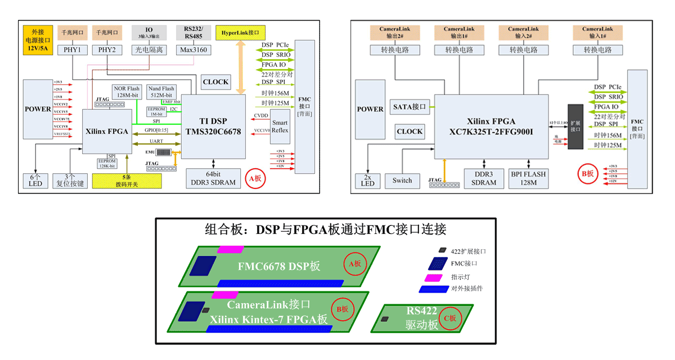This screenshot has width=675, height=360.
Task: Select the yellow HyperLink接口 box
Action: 241,33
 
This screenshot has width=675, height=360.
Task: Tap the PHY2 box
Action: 107,50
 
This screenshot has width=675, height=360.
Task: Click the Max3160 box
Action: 193,50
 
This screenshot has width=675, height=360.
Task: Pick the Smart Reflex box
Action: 280,126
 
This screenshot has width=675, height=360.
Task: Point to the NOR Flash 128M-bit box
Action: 127,92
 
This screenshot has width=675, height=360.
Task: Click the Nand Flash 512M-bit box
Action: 161,92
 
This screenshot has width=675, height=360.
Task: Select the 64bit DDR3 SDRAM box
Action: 213,178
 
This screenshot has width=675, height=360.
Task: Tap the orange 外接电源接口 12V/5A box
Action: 37,40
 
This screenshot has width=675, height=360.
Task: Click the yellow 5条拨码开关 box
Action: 127,181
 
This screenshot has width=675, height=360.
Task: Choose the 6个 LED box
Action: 35,180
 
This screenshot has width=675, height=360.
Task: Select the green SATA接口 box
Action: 409,106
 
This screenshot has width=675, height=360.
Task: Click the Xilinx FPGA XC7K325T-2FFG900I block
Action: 492,127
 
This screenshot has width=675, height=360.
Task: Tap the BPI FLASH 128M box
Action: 528,178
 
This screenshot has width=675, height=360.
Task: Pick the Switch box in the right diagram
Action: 402,181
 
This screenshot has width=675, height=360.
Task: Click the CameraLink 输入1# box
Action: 597,33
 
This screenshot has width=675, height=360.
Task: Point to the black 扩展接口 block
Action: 575,127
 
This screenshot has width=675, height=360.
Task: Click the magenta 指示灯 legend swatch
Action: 433,277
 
